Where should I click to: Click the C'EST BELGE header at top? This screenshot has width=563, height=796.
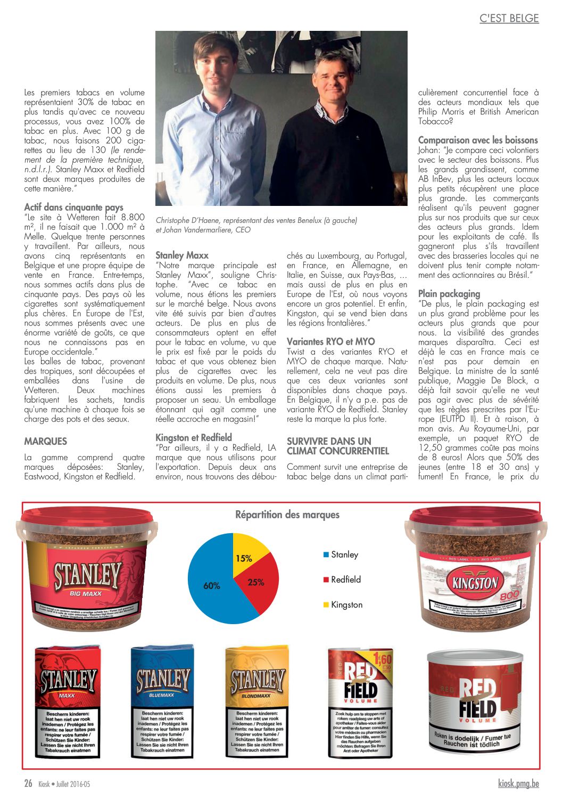[509, 19]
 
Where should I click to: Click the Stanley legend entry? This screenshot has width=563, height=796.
[344, 554]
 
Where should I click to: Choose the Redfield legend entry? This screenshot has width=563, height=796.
[345, 579]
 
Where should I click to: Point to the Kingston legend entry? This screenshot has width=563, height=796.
[346, 604]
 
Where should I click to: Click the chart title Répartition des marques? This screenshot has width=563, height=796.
[287, 515]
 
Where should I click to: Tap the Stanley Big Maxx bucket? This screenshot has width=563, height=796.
[87, 570]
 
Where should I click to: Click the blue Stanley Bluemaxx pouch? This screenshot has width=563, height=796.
[162, 702]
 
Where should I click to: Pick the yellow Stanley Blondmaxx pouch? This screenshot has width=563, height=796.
[257, 702]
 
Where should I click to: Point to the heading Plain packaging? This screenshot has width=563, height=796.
[449, 294]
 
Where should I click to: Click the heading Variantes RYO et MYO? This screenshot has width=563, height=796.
[330, 342]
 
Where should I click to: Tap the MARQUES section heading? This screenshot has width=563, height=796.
[46, 441]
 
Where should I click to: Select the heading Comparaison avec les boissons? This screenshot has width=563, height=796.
[477, 140]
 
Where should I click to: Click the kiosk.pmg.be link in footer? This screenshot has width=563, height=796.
[518, 783]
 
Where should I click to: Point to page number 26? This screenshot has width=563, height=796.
[28, 783]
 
